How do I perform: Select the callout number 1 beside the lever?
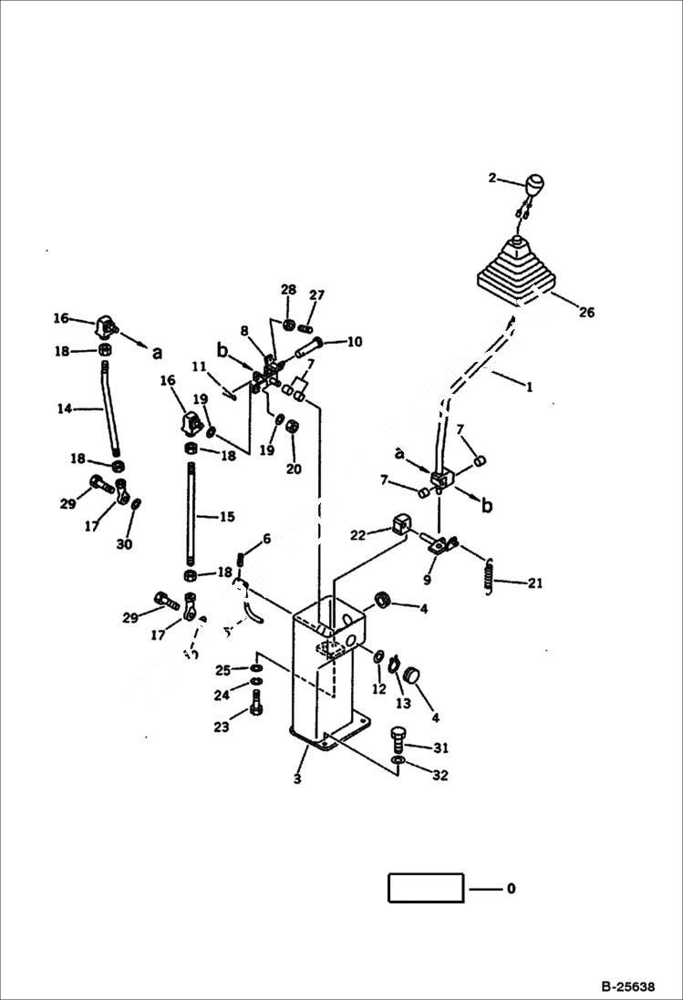[530, 387]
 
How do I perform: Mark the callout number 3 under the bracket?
[297, 779]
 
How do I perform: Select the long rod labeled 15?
[192, 515]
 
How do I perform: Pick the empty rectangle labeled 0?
[426, 887]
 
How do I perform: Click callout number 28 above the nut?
[288, 289]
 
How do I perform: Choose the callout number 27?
[316, 294]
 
